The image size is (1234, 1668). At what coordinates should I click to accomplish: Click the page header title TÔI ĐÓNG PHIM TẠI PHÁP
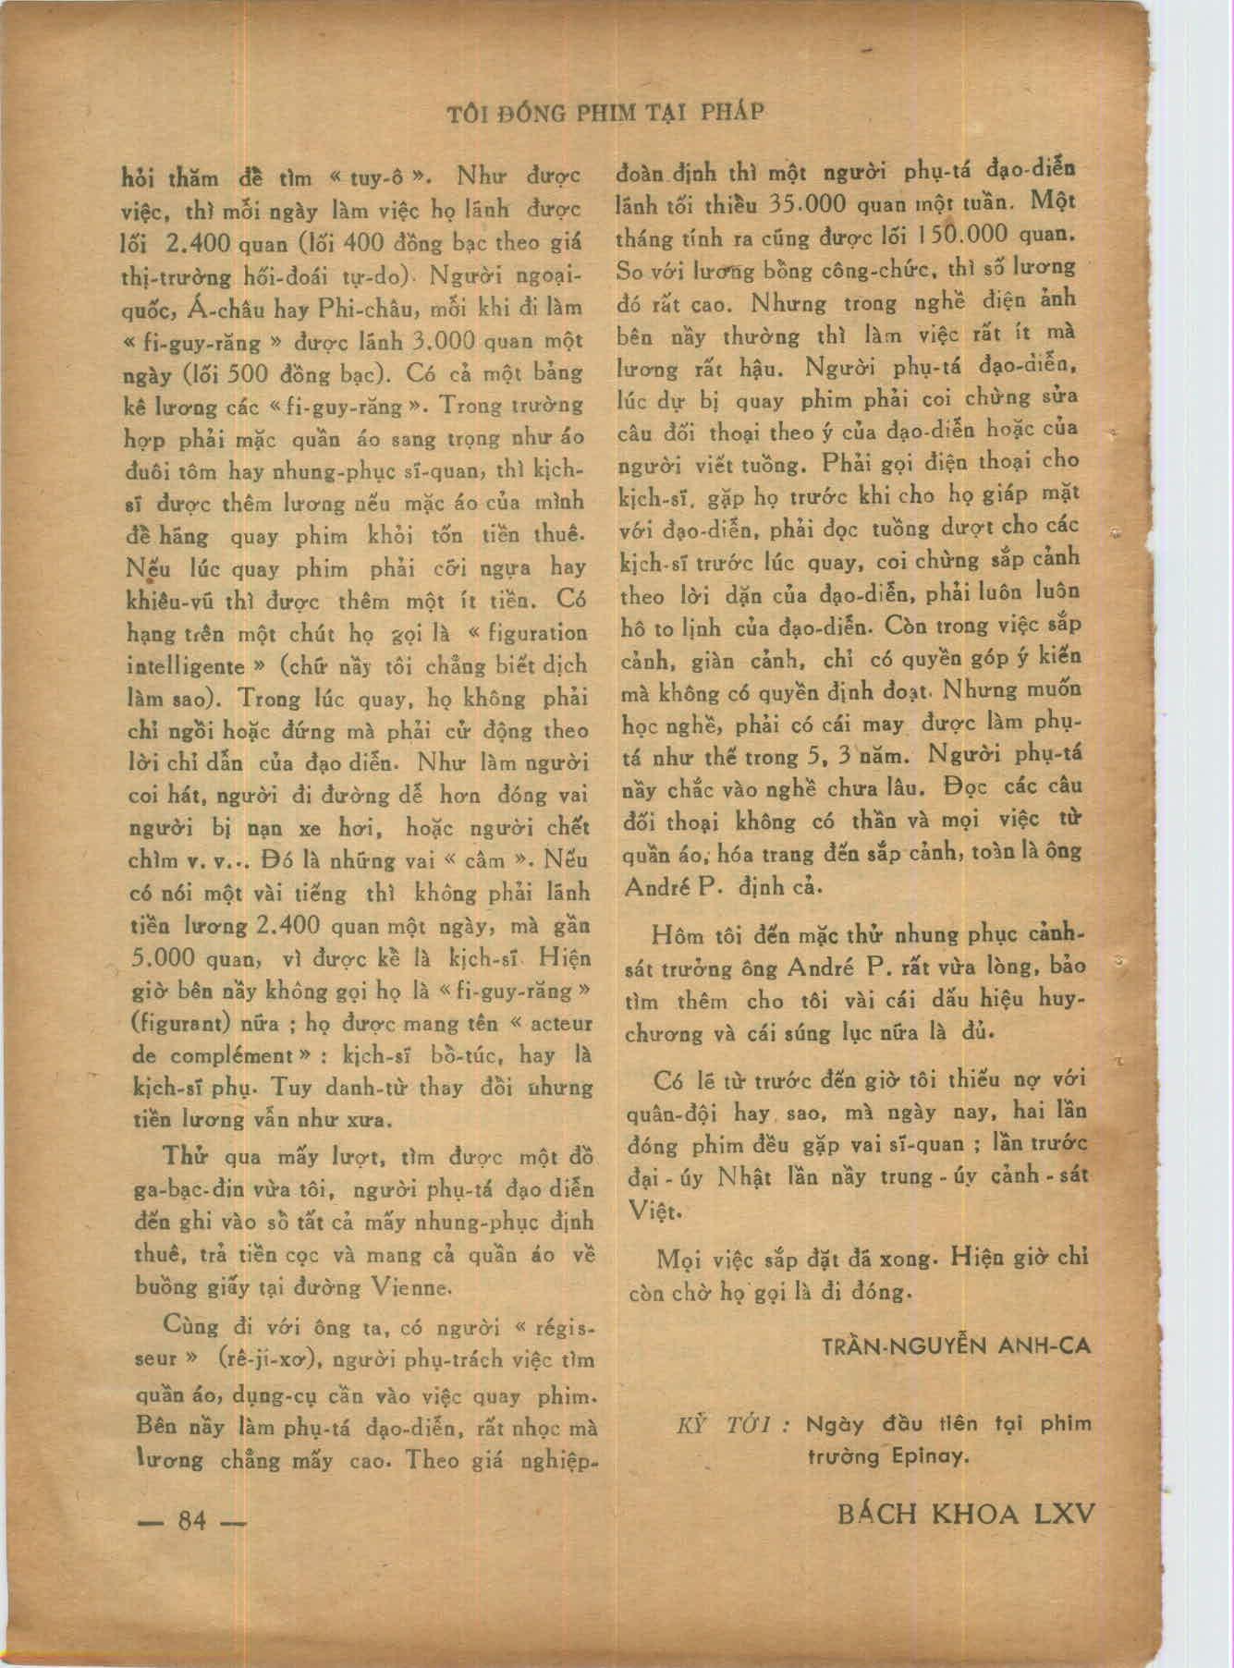605,113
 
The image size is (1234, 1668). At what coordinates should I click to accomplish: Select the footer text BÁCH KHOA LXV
965,1514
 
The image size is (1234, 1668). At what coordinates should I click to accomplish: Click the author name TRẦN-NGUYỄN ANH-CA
957,1345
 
